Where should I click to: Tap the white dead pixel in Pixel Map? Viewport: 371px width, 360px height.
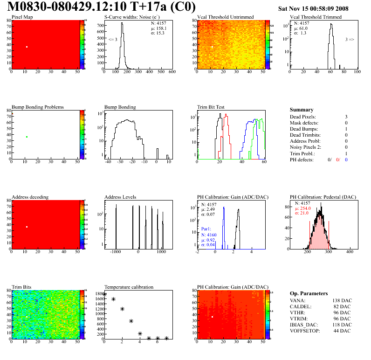27,47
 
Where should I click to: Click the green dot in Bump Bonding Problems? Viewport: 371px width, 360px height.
27,137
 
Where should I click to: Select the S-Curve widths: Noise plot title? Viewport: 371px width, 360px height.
129,17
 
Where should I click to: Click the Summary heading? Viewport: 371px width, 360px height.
302,110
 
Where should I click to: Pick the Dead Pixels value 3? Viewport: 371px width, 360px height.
346,117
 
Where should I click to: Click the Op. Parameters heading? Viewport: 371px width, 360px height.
309,293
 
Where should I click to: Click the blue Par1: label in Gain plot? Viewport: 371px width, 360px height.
206,229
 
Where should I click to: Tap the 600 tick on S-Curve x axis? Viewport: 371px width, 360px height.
172,72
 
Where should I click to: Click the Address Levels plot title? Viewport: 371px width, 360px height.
120,197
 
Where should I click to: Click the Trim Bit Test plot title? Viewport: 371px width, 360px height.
211,107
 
